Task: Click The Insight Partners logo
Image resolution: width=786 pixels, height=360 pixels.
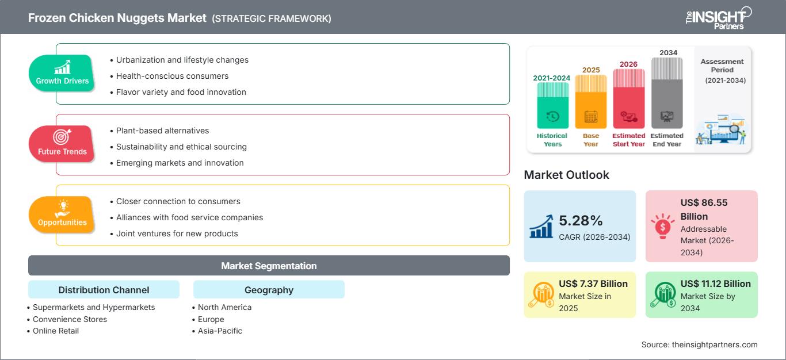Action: click(719, 18)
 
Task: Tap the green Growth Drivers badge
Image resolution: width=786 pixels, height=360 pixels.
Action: click(62, 73)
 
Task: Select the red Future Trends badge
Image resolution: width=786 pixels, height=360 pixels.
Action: click(62, 144)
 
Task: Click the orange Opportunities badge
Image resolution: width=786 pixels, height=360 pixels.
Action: click(62, 215)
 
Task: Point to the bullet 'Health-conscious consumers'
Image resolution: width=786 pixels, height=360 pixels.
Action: click(172, 76)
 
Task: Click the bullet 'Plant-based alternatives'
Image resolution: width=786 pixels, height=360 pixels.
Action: click(162, 131)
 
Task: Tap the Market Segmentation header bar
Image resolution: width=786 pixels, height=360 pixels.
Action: click(269, 265)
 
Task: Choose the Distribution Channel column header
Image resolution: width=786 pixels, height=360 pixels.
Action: click(104, 289)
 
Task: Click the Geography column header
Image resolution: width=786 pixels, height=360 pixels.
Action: click(269, 289)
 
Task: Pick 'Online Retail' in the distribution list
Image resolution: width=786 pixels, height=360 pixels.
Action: click(55, 331)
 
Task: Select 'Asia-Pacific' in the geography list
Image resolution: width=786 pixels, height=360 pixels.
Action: click(220, 331)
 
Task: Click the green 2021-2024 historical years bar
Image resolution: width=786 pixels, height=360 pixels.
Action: click(552, 105)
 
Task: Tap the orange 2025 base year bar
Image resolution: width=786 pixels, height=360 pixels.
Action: click(591, 102)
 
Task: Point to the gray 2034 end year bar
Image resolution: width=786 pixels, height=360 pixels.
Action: click(667, 93)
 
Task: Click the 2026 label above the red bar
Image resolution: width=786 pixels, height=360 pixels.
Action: click(628, 64)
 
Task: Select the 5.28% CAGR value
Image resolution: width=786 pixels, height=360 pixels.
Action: click(581, 220)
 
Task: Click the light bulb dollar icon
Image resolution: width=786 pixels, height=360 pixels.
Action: click(662, 226)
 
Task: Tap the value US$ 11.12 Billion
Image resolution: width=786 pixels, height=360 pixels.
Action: click(715, 284)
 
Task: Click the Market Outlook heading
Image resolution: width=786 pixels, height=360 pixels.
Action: click(566, 175)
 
